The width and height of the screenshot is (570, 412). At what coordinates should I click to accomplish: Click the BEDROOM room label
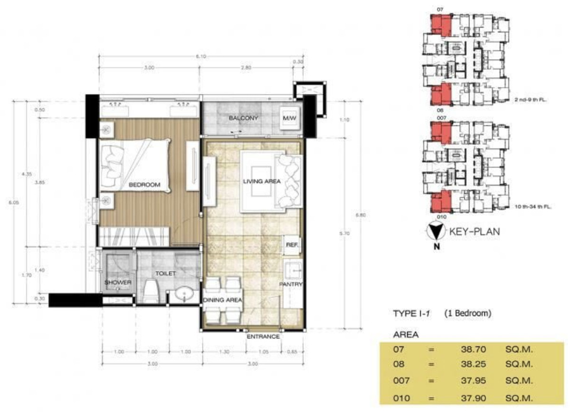[144, 185]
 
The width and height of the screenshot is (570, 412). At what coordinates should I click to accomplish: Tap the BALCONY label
[243, 118]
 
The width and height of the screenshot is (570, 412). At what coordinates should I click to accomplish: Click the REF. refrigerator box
[291, 245]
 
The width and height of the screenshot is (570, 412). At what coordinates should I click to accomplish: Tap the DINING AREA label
[222, 300]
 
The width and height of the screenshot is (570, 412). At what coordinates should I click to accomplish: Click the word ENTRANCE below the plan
[263, 336]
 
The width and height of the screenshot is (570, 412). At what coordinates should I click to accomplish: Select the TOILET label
[165, 274]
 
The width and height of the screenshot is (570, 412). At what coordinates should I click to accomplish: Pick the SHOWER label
[118, 282]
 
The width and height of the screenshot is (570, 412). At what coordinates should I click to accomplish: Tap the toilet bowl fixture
[151, 291]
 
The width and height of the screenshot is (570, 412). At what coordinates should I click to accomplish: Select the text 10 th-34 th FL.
[534, 206]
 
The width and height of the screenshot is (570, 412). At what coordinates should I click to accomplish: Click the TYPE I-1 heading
[411, 314]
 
